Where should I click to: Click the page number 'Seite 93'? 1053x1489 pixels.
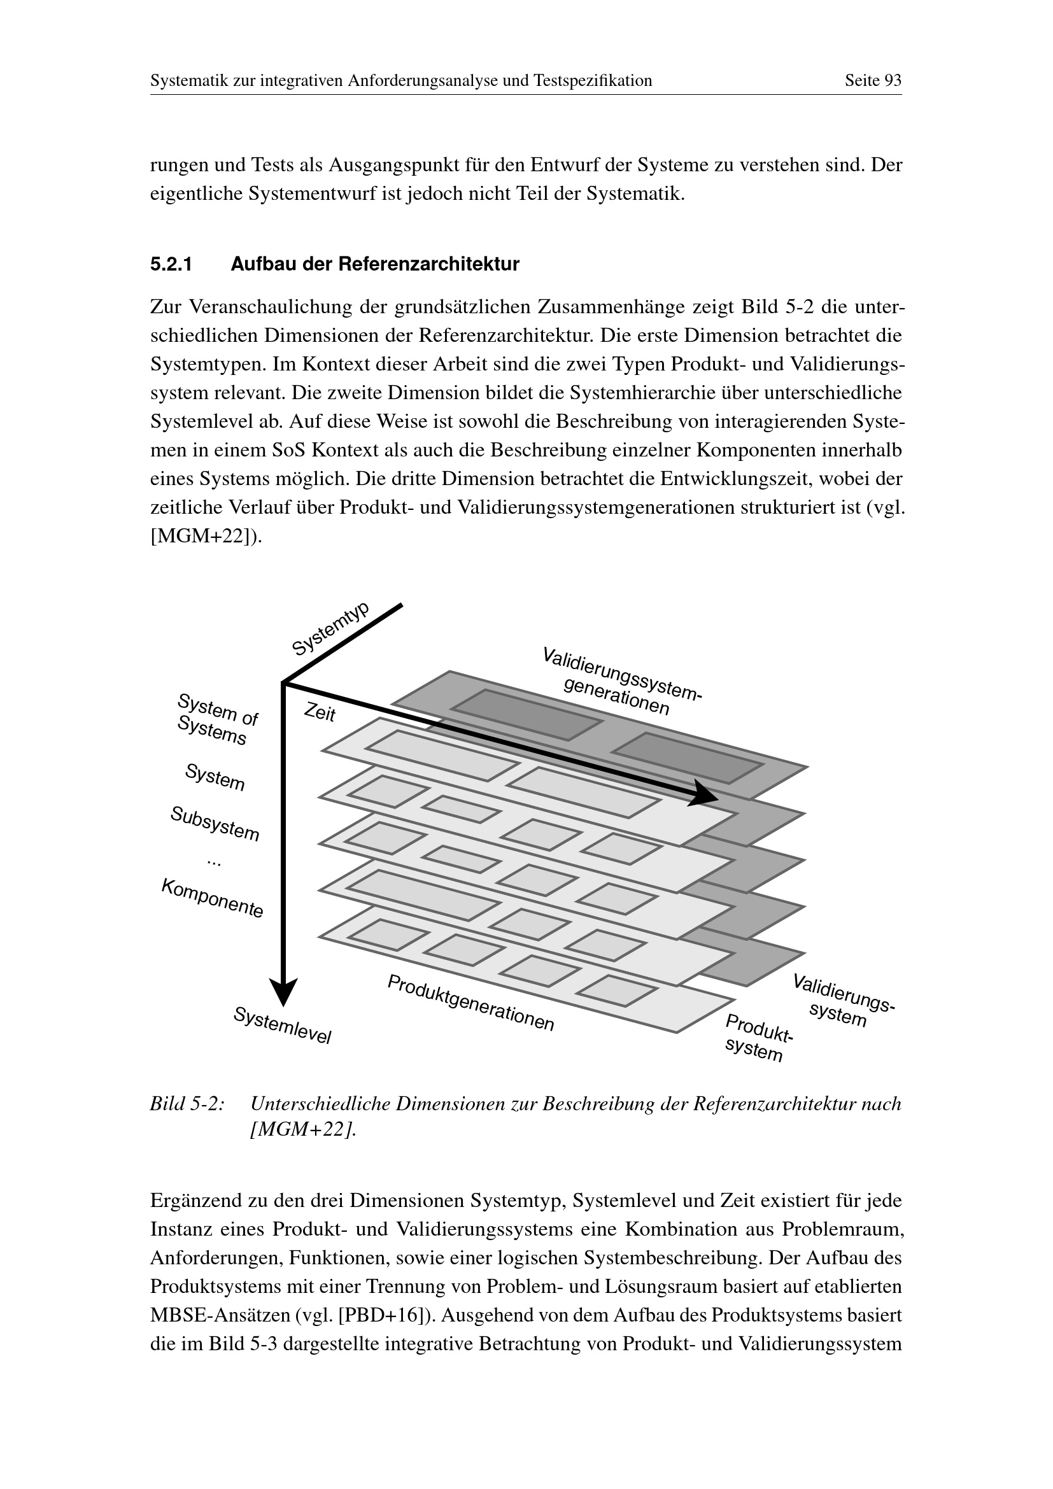872,81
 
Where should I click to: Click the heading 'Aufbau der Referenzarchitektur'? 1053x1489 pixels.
375,265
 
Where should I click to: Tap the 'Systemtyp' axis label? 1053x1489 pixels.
330,628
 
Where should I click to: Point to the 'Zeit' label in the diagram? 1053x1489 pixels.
320,714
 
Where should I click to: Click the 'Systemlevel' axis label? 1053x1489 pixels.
282,1025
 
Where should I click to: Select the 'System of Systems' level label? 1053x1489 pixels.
215,719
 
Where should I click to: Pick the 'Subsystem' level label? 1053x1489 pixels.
215,824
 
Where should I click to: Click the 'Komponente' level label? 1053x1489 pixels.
213,898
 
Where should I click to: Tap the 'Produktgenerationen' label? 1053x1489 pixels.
470,1003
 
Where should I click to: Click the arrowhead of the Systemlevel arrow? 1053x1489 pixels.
283,992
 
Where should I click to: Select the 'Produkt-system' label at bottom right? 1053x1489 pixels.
756,1038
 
